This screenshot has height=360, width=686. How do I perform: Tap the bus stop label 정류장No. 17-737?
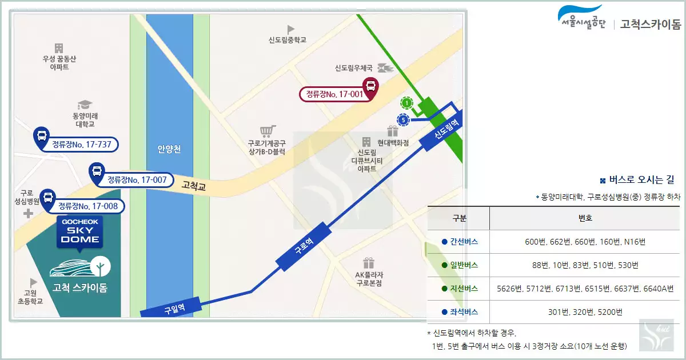(x=81, y=144)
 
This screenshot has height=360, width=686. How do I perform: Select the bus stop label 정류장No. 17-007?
(x=137, y=180)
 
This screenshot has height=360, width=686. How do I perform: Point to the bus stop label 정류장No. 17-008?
(x=89, y=206)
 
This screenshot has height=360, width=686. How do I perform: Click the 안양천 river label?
(x=169, y=150)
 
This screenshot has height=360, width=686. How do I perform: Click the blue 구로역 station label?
(x=304, y=247)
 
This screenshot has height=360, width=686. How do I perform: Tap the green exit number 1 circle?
(x=406, y=103)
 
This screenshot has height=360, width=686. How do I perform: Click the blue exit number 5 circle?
(x=404, y=120)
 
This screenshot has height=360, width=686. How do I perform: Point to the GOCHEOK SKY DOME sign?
(x=80, y=231)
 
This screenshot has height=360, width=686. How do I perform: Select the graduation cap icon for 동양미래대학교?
(x=85, y=105)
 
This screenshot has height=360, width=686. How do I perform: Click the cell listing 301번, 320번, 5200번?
(x=585, y=312)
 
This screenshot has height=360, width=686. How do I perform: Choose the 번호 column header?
(x=585, y=218)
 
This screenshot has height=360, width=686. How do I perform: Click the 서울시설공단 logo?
(x=581, y=19)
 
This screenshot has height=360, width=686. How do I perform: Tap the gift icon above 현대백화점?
(x=392, y=131)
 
